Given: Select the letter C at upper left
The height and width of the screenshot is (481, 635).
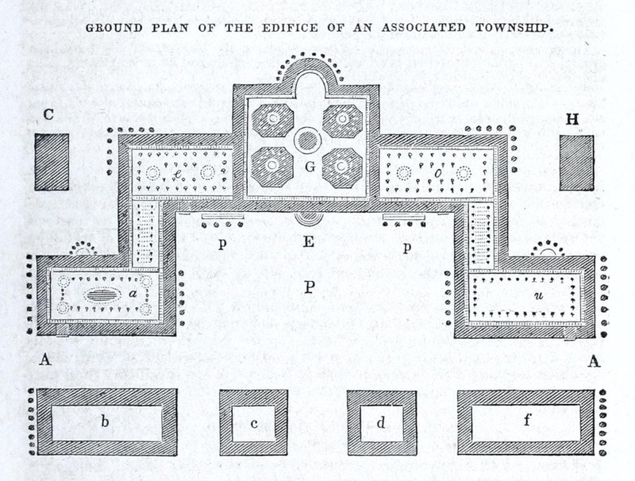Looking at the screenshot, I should click(49, 115).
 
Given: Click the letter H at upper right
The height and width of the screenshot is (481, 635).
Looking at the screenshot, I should click(572, 120).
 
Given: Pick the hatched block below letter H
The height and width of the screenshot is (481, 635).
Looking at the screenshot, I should click(576, 162).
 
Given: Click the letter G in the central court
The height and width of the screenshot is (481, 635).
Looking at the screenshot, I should click(309, 167).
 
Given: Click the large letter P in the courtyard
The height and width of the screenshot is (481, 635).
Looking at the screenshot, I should click(309, 287).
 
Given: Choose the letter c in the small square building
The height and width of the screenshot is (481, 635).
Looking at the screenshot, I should click(254, 423).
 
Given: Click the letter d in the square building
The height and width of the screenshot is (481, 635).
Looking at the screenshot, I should click(381, 422).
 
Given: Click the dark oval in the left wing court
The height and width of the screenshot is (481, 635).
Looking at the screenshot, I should click(99, 295).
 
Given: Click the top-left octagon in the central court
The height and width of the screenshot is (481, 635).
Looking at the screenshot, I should click(273, 120).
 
